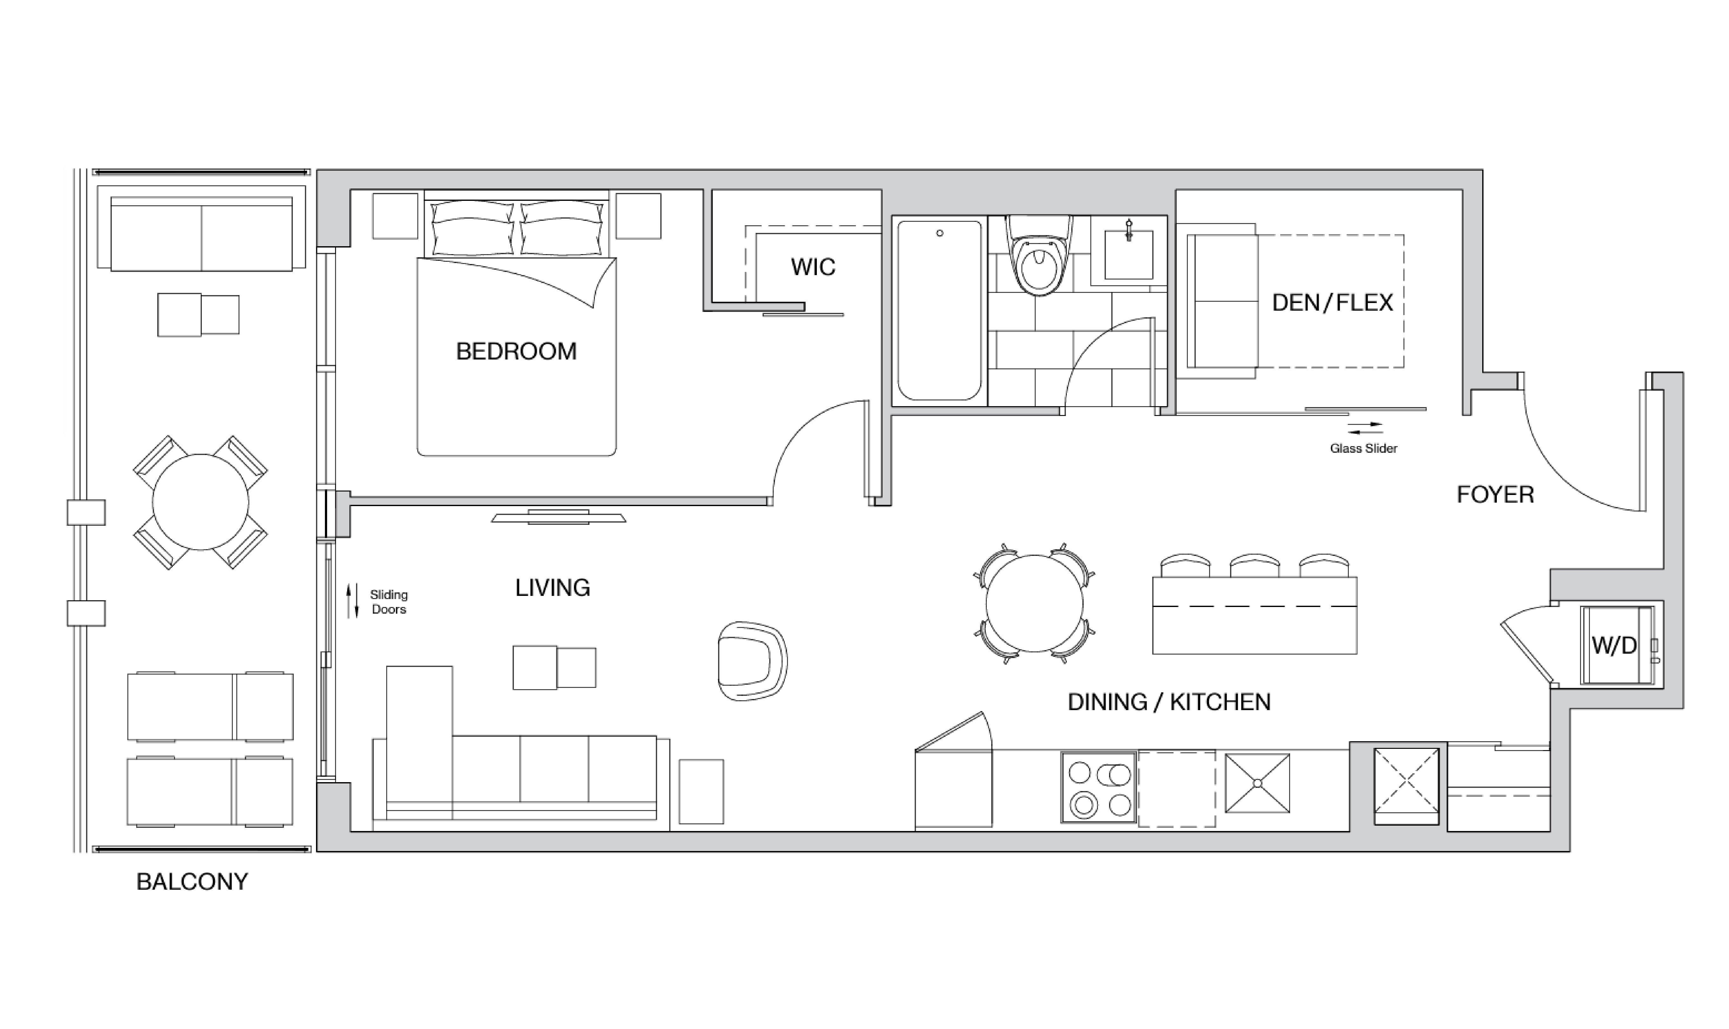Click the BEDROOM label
516,352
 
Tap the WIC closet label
813,267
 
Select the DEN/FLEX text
1332,302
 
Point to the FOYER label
1495,494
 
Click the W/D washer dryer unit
1615,646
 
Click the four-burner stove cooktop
1098,788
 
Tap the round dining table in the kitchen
1034,603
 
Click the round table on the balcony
200,502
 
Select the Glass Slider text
1363,449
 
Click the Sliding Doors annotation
388,602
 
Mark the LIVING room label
552,588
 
